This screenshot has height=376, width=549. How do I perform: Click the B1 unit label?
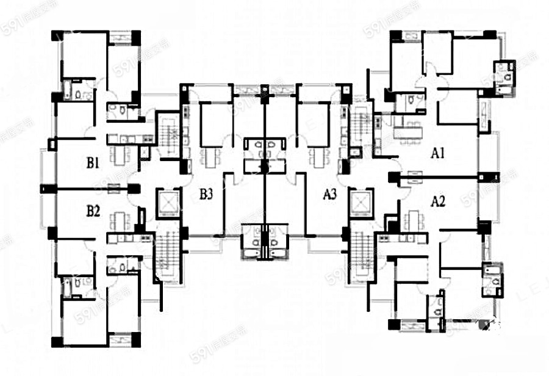(x=93, y=163)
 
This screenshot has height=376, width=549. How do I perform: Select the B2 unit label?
(x=93, y=211)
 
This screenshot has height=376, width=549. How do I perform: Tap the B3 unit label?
(x=206, y=195)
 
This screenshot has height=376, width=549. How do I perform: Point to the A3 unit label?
(x=330, y=195)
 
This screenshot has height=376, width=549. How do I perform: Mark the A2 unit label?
(x=439, y=201)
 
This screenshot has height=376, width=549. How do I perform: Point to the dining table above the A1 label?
(x=407, y=130)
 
